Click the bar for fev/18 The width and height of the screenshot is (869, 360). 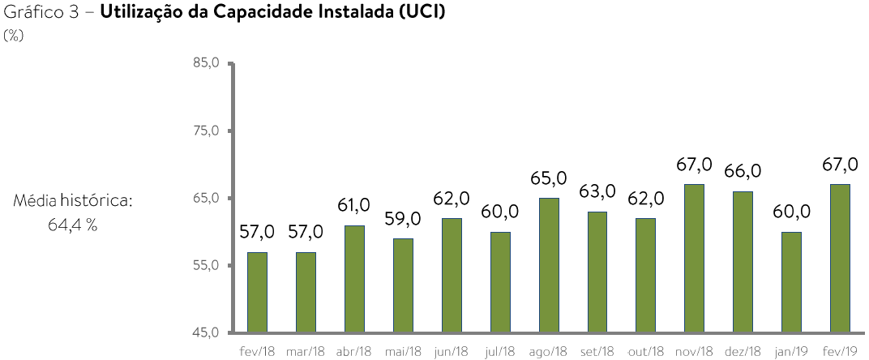point(257,293)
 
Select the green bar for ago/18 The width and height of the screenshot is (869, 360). point(549,265)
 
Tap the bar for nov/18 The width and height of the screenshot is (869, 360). point(695,259)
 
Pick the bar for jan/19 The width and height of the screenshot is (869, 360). point(791,282)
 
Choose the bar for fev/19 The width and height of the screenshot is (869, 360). point(840,259)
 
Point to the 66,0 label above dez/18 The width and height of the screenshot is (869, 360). point(743,171)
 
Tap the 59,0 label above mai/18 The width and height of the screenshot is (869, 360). point(403,219)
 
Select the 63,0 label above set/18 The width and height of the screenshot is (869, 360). point(597,192)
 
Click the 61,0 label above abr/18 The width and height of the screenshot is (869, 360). point(354,205)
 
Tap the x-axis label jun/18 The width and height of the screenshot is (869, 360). point(452,351)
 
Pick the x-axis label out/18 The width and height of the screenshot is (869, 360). point(646,351)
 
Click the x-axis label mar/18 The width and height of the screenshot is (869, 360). point(306,351)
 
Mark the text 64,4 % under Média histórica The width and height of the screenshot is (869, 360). point(73,225)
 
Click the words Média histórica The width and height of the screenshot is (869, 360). point(72,200)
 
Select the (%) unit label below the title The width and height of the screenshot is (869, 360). point(13,34)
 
